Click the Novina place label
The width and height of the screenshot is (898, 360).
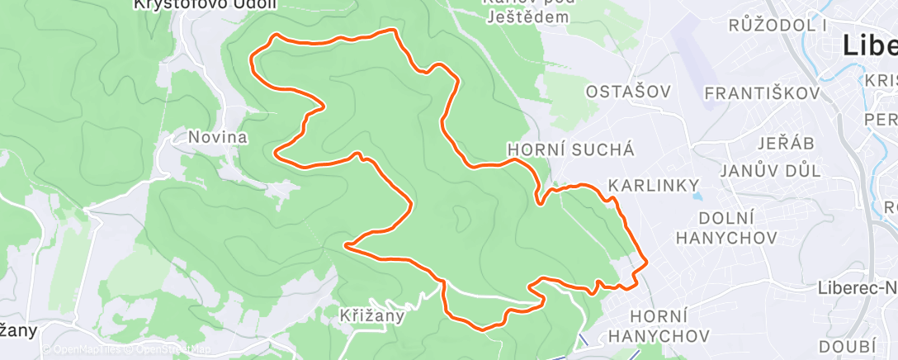[x=217, y=137]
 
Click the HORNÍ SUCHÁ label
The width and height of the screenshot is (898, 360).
[x=571, y=149]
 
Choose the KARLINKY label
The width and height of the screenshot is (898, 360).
[x=654, y=185]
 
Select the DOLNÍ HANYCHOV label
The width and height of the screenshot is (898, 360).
[x=726, y=228]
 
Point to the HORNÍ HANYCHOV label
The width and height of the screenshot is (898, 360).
[x=669, y=325]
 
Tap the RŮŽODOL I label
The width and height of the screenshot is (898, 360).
[x=778, y=25]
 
